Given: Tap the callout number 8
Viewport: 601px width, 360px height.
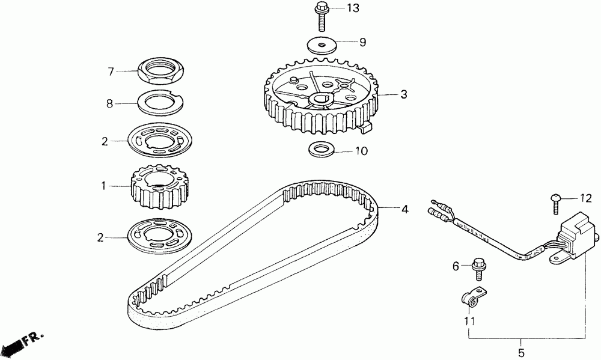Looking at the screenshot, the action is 109,103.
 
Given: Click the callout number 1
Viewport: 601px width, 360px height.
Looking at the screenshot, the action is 103,186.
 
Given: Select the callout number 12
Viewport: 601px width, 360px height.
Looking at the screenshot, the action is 585,198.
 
